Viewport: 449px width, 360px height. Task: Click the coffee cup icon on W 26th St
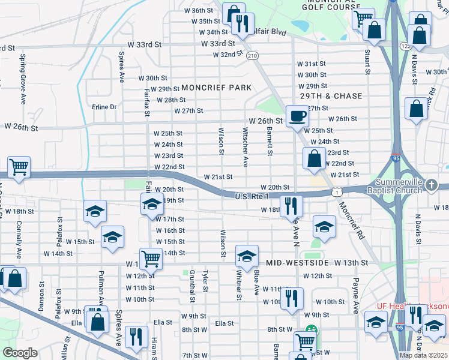pyautogui.click(x=297, y=115)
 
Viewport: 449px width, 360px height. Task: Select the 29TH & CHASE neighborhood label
pyautogui.click(x=331, y=96)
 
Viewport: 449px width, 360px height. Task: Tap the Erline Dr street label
pyautogui.click(x=104, y=107)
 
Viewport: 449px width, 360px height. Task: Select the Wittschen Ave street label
pyautogui.click(x=245, y=146)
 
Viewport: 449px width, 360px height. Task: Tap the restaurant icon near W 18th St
pyautogui.click(x=291, y=206)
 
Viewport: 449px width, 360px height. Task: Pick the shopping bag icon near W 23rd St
pyautogui.click(x=315, y=158)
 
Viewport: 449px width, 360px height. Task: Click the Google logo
pyautogui.click(x=20, y=353)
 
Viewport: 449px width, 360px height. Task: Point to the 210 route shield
pyautogui.click(x=252, y=55)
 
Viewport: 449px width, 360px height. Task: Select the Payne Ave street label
pyautogui.click(x=355, y=295)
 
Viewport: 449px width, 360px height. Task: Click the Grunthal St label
pyautogui.click(x=193, y=286)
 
